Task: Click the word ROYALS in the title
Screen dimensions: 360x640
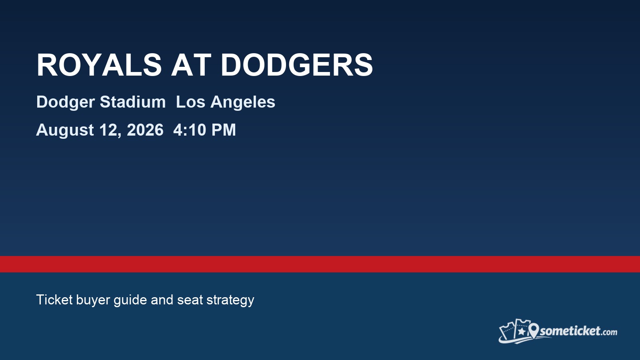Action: pyautogui.click(x=99, y=65)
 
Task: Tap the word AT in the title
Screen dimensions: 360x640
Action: pyautogui.click(x=191, y=65)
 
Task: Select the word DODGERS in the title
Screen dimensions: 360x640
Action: pyautogui.click(x=296, y=65)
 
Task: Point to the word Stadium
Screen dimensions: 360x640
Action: pyautogui.click(x=132, y=102)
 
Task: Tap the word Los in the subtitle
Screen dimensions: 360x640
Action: pyautogui.click(x=190, y=102)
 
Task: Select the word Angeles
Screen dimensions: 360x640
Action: pyautogui.click(x=243, y=102)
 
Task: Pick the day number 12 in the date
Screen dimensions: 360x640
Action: pyautogui.click(x=110, y=130)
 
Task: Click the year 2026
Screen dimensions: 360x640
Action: pyautogui.click(x=145, y=130)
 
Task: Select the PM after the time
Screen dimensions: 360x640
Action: pyautogui.click(x=224, y=130)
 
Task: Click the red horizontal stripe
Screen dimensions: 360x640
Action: pyautogui.click(x=320, y=264)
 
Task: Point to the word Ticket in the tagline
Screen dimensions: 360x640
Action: pyautogui.click(x=54, y=300)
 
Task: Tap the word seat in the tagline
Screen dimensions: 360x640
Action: pyautogui.click(x=190, y=300)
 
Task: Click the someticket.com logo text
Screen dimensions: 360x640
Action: pyautogui.click(x=578, y=331)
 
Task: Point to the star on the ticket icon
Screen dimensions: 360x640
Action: pyautogui.click(x=521, y=331)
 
